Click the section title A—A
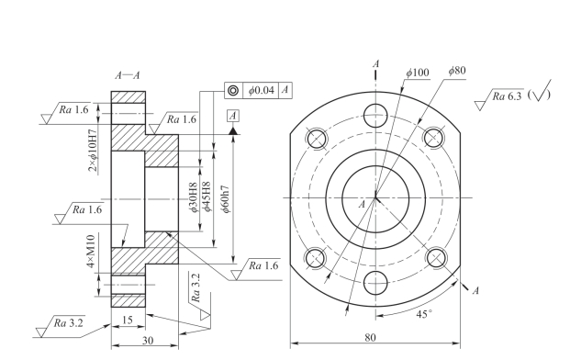[x=128, y=75]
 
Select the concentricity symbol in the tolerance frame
[x=233, y=90]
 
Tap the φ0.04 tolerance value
[x=261, y=90]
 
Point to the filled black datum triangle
[x=233, y=130]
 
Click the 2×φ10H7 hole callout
[x=94, y=151]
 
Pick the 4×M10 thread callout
[x=91, y=252]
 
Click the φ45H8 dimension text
[x=207, y=197]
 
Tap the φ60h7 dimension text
[x=226, y=199]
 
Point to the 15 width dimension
[x=128, y=320]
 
